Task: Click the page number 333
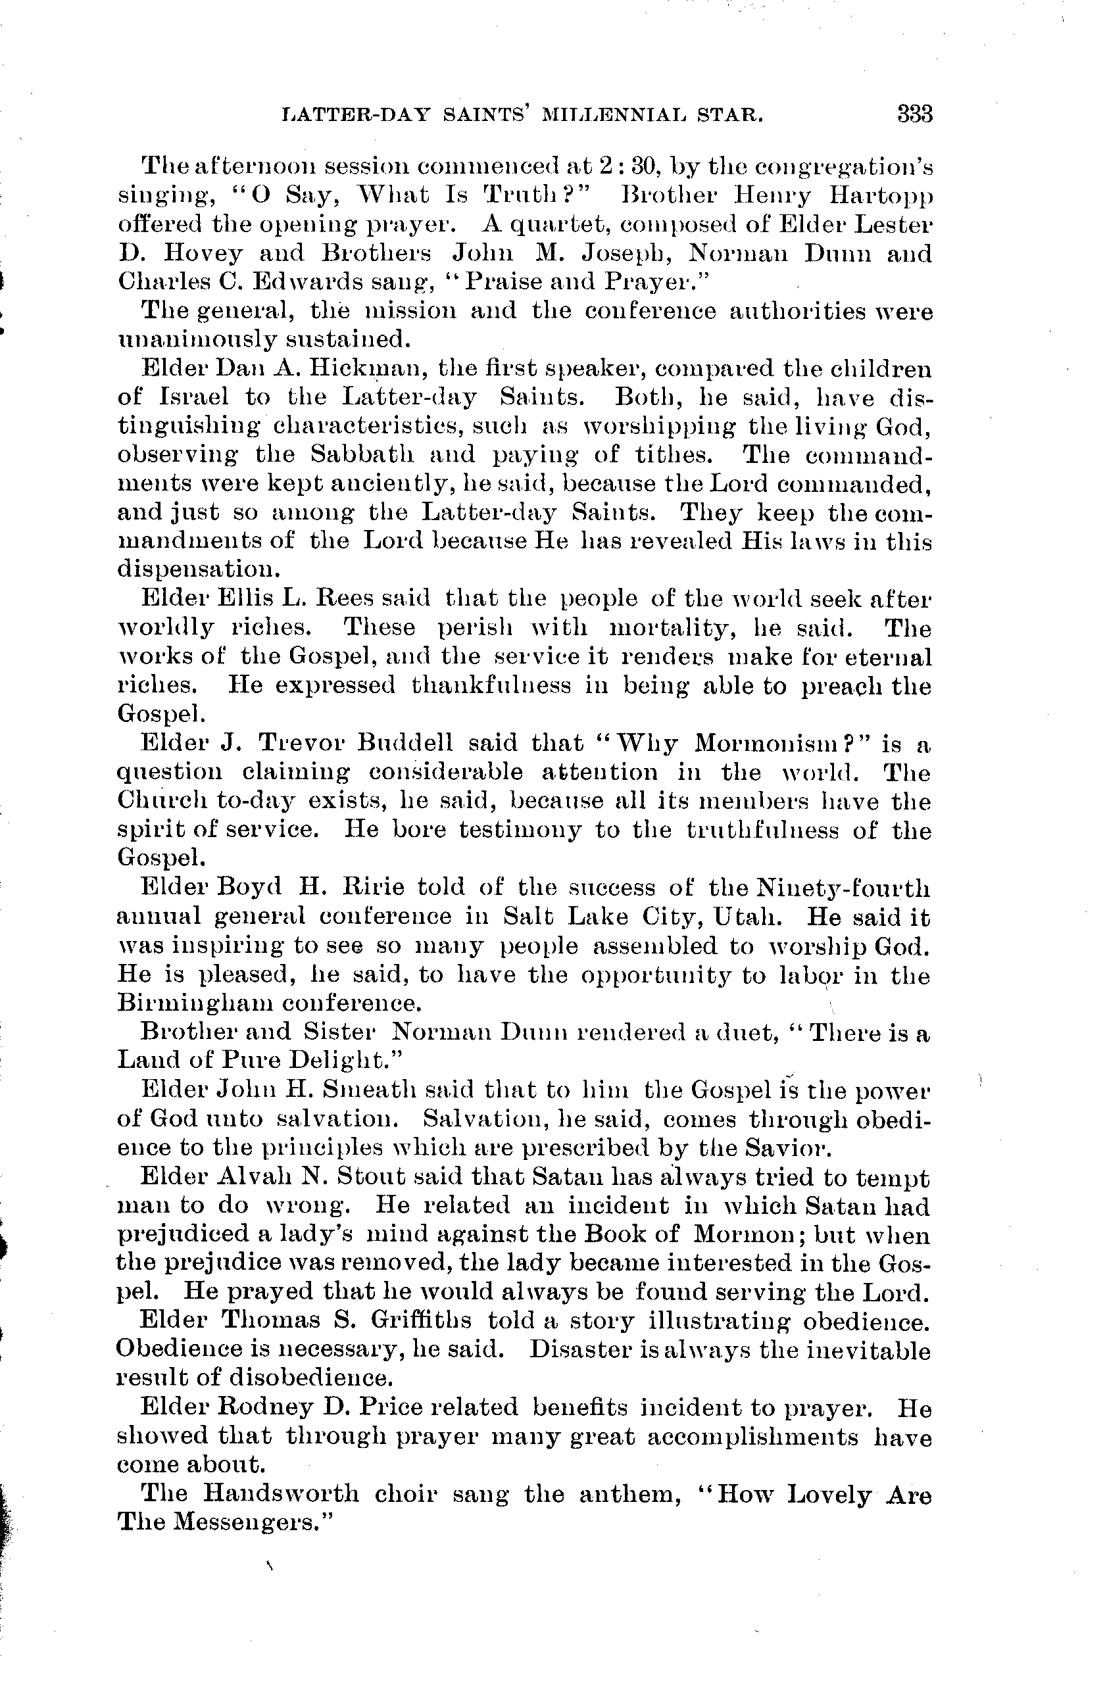pyautogui.click(x=914, y=114)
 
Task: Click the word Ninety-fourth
pyautogui.click(x=843, y=887)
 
